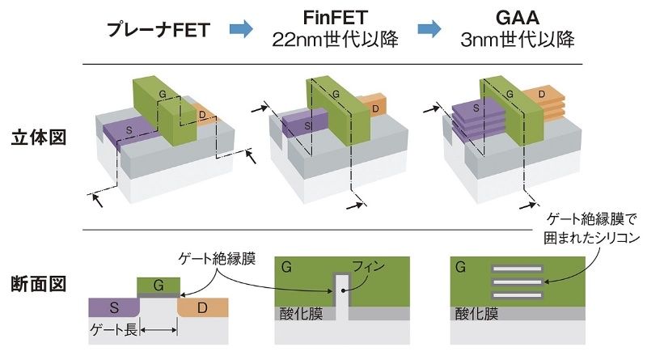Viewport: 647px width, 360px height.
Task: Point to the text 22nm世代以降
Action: (x=336, y=40)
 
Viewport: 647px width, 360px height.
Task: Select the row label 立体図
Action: (x=39, y=137)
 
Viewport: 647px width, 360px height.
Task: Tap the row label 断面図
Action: (x=39, y=284)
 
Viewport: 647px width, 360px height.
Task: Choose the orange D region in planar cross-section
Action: (x=204, y=307)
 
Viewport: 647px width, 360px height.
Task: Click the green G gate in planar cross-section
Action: (x=159, y=285)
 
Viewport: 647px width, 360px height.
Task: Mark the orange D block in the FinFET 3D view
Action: (x=374, y=104)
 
